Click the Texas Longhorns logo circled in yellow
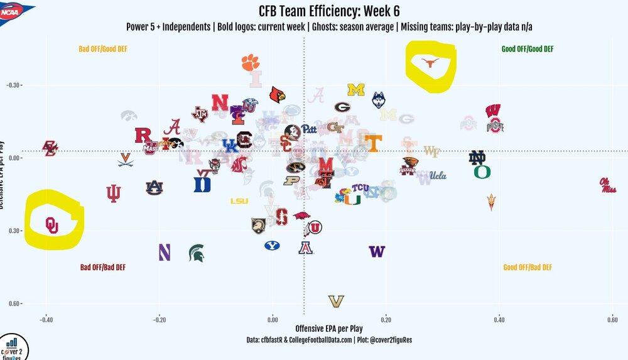tap(430, 62)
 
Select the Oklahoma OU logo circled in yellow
tap(51, 224)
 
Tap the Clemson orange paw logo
tap(250, 62)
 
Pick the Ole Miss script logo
tap(607, 185)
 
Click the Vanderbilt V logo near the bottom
tap(337, 302)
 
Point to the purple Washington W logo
tap(377, 251)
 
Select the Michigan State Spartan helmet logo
tap(196, 253)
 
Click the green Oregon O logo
tap(482, 172)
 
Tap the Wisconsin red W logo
tap(493, 111)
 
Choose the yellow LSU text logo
tap(239, 201)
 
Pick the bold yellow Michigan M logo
tap(356, 90)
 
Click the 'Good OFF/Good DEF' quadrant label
tap(528, 49)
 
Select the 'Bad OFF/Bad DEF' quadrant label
tap(103, 267)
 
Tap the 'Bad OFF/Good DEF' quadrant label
tap(103, 49)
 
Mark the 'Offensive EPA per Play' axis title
tap(328, 329)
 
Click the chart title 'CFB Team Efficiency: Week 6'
tap(329, 11)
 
